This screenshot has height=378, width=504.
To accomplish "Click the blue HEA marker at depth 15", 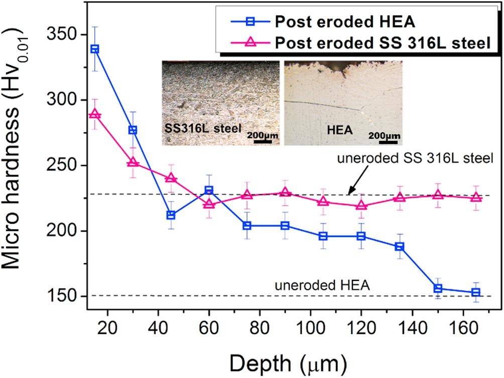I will coord(94,49).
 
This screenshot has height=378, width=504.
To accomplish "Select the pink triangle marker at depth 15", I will coord(94,115).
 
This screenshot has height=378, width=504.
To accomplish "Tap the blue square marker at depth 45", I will coord(171,215).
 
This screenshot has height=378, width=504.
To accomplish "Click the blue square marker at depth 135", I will coord(400,247).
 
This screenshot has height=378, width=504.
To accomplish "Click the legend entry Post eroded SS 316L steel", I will coord(382,43).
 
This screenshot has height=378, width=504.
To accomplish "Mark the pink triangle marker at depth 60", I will coord(209,204).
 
